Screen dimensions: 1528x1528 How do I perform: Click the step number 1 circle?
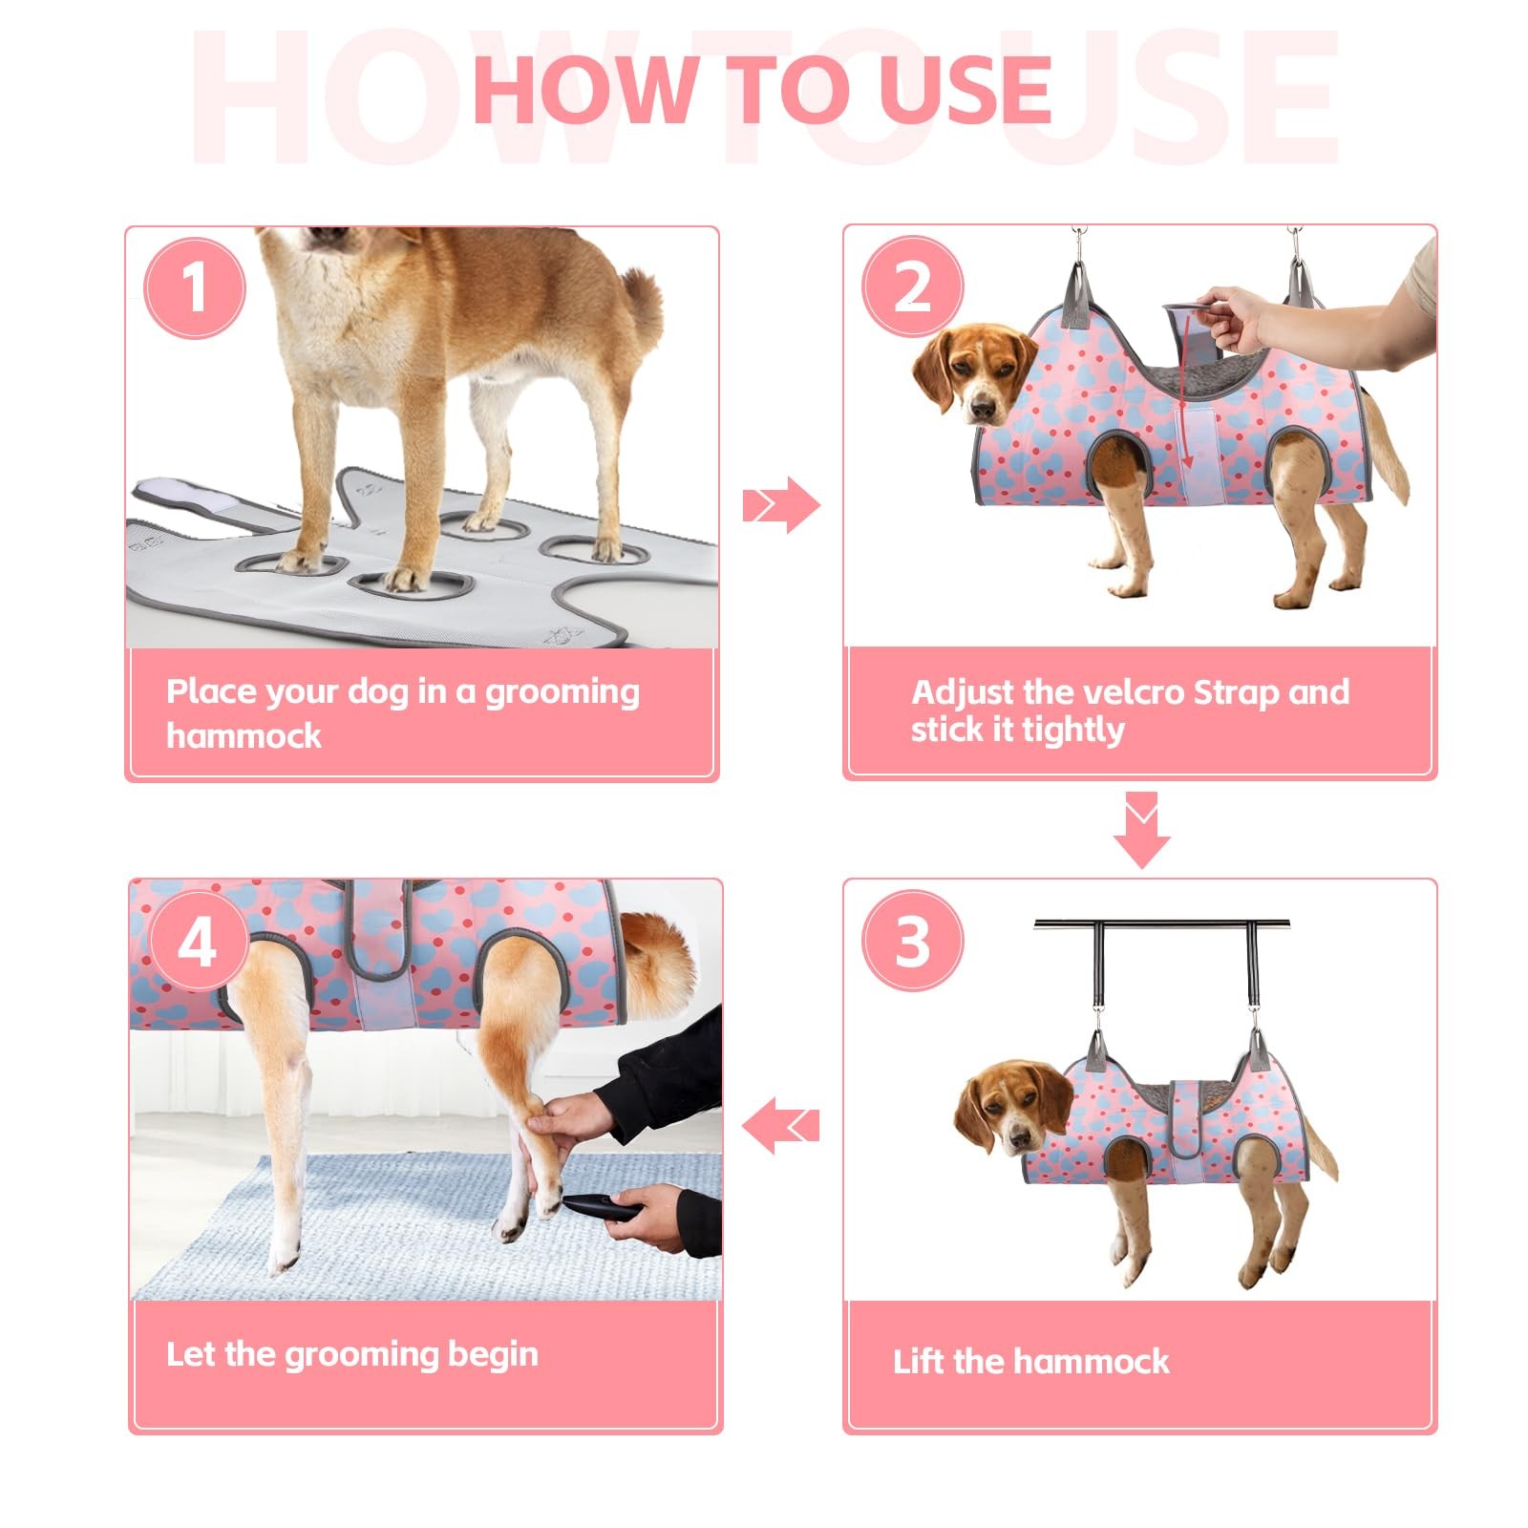[x=195, y=287]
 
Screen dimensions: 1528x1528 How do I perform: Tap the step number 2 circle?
[x=913, y=286]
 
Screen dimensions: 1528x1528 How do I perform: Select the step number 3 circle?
[x=913, y=941]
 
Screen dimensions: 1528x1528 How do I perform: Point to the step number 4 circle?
[x=199, y=944]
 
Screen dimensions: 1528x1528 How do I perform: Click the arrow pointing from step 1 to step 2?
[x=781, y=504]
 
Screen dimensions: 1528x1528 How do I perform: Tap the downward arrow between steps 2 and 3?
[x=1141, y=830]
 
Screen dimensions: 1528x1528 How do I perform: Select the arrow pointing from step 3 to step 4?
[x=780, y=1124]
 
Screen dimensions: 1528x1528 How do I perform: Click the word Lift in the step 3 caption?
[x=919, y=1360]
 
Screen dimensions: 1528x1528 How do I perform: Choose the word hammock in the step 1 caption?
[x=244, y=735]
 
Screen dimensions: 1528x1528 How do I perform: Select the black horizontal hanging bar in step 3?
[x=1162, y=923]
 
